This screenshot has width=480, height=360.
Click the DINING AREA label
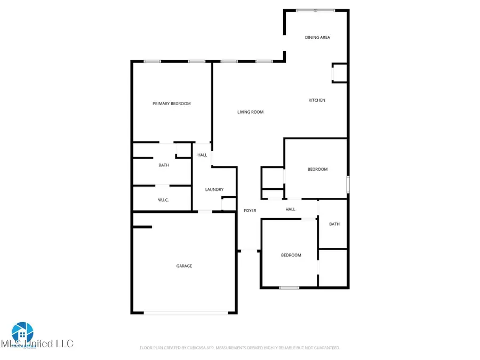pyautogui.click(x=317, y=37)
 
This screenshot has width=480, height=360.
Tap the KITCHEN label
pyautogui.click(x=317, y=100)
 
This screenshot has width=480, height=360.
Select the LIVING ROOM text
pyautogui.click(x=250, y=112)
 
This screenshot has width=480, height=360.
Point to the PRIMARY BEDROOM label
pyautogui.click(x=171, y=103)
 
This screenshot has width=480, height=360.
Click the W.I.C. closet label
pyautogui.click(x=163, y=201)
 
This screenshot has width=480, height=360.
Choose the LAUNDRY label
pyautogui.click(x=214, y=189)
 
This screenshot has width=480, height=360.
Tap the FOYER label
pyautogui.click(x=250, y=211)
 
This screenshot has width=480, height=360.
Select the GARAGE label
pyautogui.click(x=184, y=266)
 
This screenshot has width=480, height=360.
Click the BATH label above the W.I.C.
pyautogui.click(x=163, y=165)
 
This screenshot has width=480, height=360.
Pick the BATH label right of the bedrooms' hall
pyautogui.click(x=334, y=224)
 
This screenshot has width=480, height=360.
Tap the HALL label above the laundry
pyautogui.click(x=202, y=155)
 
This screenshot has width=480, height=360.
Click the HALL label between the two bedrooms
pyautogui.click(x=290, y=210)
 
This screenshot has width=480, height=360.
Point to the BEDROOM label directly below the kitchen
pyautogui.click(x=317, y=169)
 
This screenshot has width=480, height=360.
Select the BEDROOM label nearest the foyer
pyautogui.click(x=291, y=255)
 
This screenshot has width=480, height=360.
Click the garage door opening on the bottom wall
pyautogui.click(x=184, y=313)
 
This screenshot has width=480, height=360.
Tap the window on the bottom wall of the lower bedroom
pyautogui.click(x=289, y=288)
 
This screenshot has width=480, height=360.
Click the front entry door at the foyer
pyautogui.click(x=249, y=251)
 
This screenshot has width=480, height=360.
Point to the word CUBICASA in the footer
pyautogui.click(x=197, y=348)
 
